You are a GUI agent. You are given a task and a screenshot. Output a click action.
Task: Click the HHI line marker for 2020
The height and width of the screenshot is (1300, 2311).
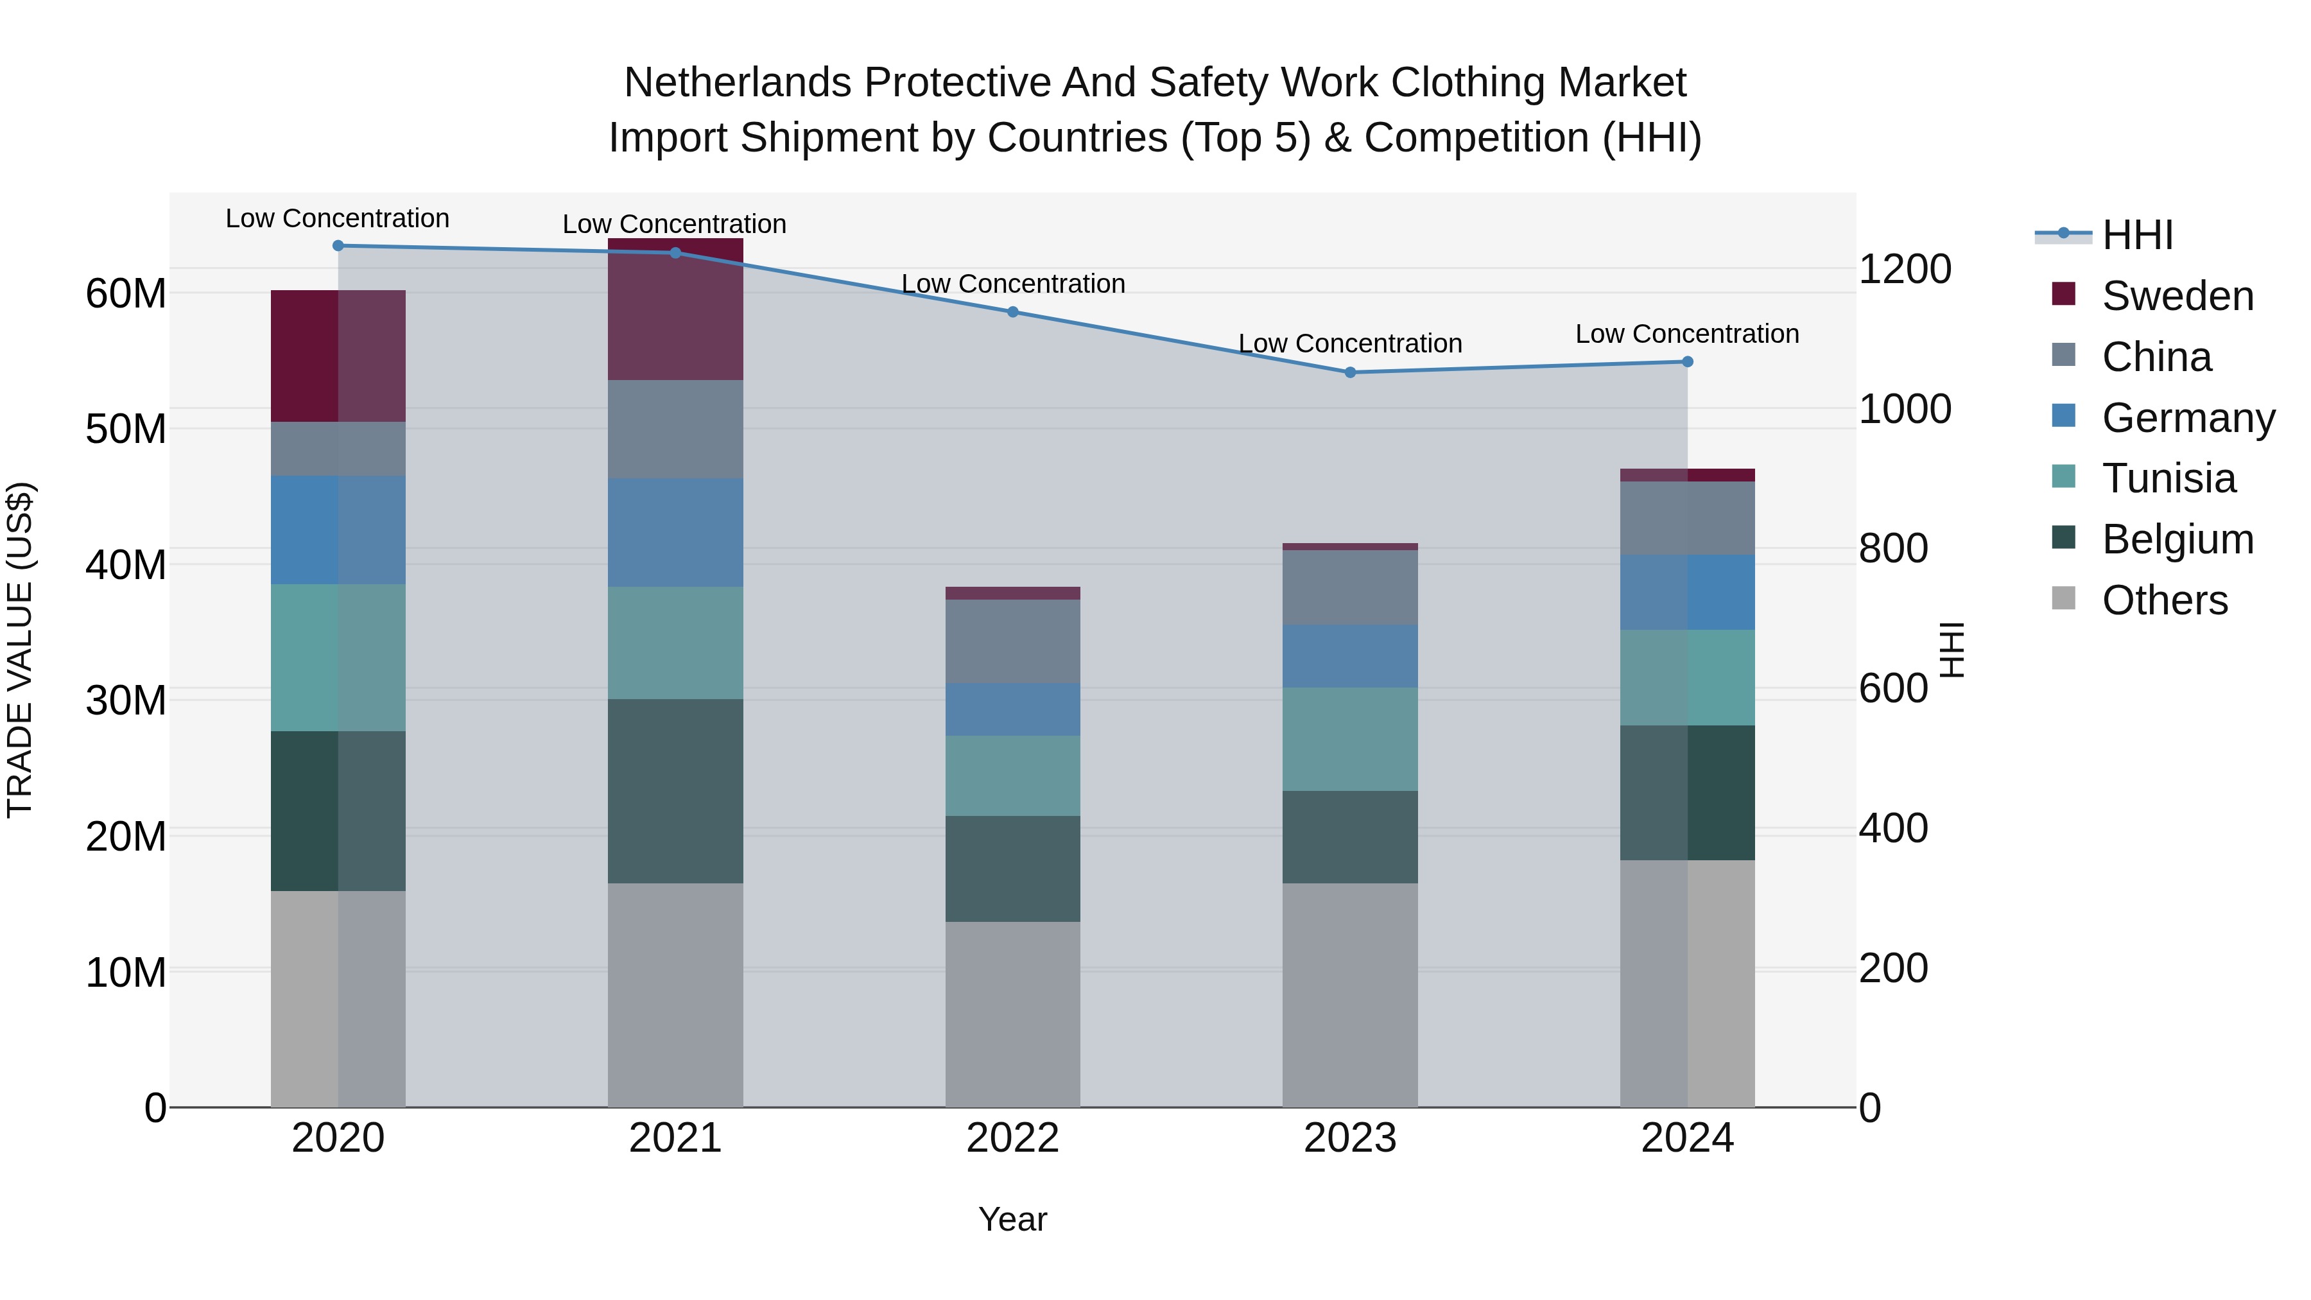click(338, 246)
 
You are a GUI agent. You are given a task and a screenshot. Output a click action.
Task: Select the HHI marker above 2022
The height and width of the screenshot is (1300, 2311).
click(1013, 312)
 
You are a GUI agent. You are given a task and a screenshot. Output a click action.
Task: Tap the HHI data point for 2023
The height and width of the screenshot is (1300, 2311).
click(1350, 372)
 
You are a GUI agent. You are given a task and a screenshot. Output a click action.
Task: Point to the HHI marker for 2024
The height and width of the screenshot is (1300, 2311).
click(1688, 361)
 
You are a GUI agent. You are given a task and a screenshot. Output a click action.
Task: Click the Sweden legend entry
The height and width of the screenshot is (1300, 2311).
click(2177, 296)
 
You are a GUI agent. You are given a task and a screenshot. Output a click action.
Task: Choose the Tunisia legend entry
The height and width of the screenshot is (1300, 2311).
click(2168, 478)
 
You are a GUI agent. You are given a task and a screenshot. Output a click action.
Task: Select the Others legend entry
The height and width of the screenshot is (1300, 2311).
click(2164, 600)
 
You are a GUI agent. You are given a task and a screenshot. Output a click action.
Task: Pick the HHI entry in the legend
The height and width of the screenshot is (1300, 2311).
click(2137, 235)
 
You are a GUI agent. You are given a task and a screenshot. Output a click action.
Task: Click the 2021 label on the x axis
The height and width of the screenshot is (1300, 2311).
click(675, 1138)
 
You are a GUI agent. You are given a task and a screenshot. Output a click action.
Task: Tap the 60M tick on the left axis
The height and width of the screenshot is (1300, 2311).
click(126, 293)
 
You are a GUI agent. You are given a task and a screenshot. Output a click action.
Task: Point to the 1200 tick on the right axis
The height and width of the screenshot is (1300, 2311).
click(1905, 269)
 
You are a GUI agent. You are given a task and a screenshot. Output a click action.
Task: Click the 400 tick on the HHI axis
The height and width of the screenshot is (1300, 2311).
click(1893, 828)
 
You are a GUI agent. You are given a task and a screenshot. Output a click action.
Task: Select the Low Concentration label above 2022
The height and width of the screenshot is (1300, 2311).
click(1013, 284)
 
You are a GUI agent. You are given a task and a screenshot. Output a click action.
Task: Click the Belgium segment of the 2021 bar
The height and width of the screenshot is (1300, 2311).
click(675, 792)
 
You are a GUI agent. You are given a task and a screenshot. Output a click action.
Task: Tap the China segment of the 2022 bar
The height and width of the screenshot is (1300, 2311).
click(1013, 641)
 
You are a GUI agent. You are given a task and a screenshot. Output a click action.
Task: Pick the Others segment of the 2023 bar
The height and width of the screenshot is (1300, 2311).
click(1350, 996)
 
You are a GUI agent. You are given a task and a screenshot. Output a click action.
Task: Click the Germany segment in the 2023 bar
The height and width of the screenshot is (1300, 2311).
click(1350, 657)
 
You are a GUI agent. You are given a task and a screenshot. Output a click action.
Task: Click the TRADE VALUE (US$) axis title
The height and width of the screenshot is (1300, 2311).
click(20, 650)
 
